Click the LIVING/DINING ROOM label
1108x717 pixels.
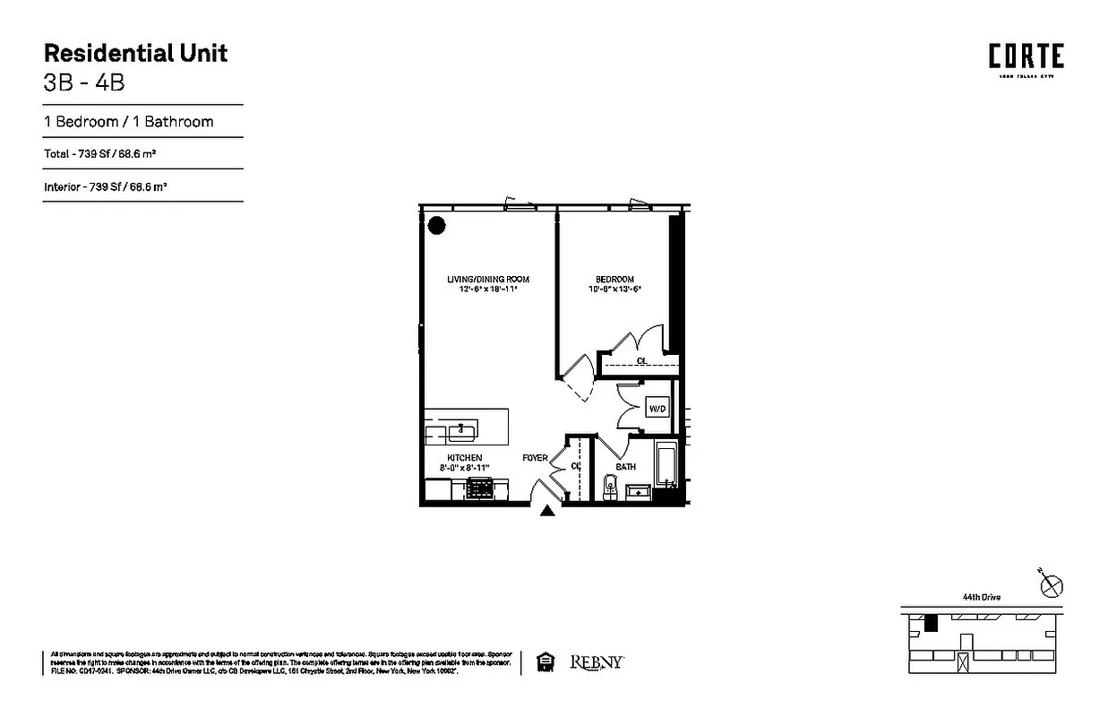[484, 280]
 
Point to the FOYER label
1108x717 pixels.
[535, 458]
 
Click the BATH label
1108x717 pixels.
[625, 467]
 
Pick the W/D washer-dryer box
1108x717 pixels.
[657, 409]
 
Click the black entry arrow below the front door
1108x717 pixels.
[547, 511]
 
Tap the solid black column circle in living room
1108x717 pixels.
[436, 225]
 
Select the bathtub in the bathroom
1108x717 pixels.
[665, 466]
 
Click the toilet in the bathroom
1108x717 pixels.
[611, 487]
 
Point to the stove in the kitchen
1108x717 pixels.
[481, 488]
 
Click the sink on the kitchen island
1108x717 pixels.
[463, 432]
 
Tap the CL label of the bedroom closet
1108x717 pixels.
[641, 361]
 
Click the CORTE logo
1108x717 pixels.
[1026, 57]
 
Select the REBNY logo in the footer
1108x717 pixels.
[597, 662]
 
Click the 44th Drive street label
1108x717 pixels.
[982, 597]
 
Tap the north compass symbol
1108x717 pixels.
[1052, 586]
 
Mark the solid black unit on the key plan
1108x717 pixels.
[931, 621]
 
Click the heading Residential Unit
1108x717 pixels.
[135, 53]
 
